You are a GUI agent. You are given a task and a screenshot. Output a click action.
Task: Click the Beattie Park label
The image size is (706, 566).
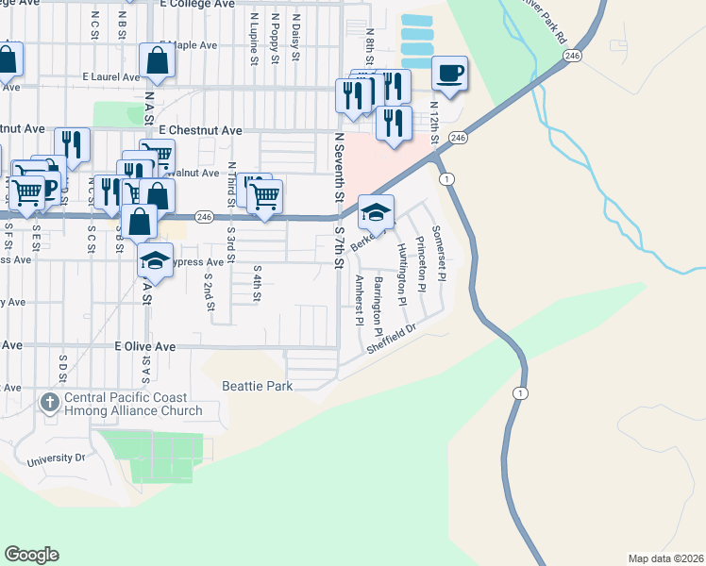tap(257, 386)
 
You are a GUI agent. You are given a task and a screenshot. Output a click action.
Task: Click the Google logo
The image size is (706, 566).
tap(31, 554)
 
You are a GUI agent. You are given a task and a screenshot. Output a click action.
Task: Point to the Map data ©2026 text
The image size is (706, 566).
tap(664, 558)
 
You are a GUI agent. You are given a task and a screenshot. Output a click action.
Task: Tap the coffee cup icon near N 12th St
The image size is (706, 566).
tap(449, 74)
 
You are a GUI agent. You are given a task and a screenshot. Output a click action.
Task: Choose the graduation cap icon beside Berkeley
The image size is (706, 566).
tap(376, 214)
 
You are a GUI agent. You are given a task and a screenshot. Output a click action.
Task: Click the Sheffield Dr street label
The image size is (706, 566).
tap(391, 341)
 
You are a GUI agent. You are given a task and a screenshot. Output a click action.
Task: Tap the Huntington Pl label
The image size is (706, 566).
tap(400, 267)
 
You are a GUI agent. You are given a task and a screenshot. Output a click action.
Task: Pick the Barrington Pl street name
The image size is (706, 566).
tap(378, 306)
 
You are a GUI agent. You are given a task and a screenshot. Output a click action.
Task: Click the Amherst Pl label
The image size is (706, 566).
tap(359, 300)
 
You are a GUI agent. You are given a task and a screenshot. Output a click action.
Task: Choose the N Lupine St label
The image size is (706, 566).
tap(254, 38)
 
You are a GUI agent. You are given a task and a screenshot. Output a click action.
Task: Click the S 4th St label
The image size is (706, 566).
tap(257, 283)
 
